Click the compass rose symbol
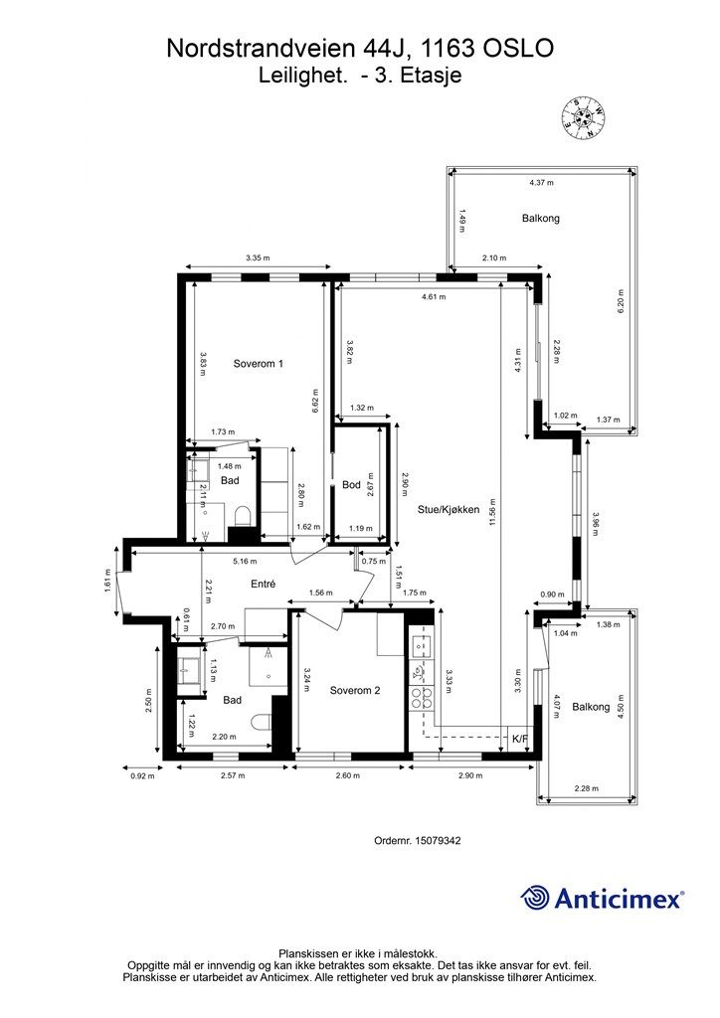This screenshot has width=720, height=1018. [583, 118]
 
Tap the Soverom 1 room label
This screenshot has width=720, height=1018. [259, 364]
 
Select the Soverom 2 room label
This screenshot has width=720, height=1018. [354, 690]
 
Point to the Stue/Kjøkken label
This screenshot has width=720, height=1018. [448, 510]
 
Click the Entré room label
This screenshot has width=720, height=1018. [263, 584]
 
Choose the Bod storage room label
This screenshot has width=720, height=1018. [351, 484]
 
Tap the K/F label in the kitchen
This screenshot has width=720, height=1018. [520, 739]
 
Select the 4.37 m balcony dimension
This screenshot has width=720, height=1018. [541, 183]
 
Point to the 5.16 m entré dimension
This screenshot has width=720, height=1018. [245, 561]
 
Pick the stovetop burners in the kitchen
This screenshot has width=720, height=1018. [420, 697]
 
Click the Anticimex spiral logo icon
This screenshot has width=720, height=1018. [534, 898]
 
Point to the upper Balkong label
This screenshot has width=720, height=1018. [541, 218]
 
